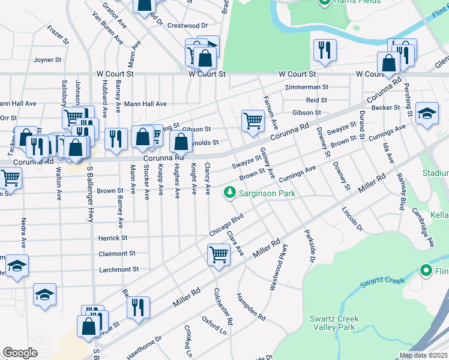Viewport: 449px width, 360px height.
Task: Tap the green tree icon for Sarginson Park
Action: pyautogui.click(x=229, y=193)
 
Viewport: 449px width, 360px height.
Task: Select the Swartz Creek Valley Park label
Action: pyautogui.click(x=334, y=323)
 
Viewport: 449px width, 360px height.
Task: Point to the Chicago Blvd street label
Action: pyautogui.click(x=226, y=224)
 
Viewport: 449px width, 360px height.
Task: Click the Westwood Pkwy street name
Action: pyautogui.click(x=277, y=268)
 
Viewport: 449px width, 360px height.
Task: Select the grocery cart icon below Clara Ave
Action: pyautogui.click(x=218, y=254)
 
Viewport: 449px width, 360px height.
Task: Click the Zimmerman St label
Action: pyautogui.click(x=307, y=88)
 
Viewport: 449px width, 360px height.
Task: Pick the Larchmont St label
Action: pyautogui.click(x=119, y=269)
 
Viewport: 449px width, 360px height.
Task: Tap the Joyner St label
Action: pyautogui.click(x=47, y=60)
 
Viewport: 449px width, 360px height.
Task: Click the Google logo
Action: pyautogui.click(x=20, y=353)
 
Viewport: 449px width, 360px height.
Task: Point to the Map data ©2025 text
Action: pyautogui.click(x=423, y=355)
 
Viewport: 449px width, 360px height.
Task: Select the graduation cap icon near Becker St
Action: pyautogui.click(x=427, y=114)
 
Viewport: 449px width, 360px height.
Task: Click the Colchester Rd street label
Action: pyautogui.click(x=223, y=307)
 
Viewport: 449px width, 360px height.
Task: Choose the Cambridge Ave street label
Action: pyautogui.click(x=423, y=227)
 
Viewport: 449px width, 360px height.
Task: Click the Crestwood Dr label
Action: pyautogui.click(x=187, y=26)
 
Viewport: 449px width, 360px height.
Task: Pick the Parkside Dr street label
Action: pyautogui.click(x=310, y=247)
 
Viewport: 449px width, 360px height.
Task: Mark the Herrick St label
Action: pyautogui.click(x=113, y=238)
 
